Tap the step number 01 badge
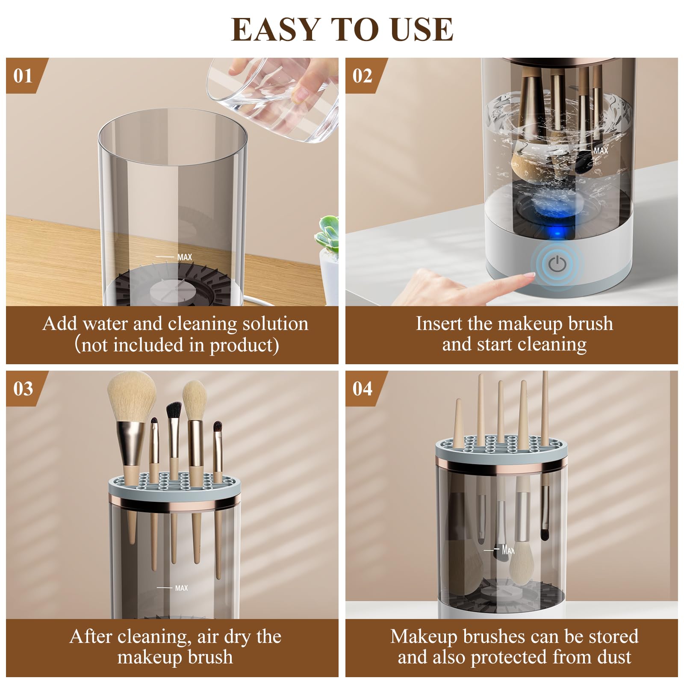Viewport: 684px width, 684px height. point(23,76)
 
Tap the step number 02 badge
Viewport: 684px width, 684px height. point(362,76)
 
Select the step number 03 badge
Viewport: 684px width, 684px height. point(23,389)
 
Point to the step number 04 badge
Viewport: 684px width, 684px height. point(362,389)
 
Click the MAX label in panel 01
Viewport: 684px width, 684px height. point(184,257)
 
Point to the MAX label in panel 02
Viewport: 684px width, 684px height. point(600,151)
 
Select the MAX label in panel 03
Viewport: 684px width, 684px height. point(181,588)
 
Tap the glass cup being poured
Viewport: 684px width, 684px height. point(274,94)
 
